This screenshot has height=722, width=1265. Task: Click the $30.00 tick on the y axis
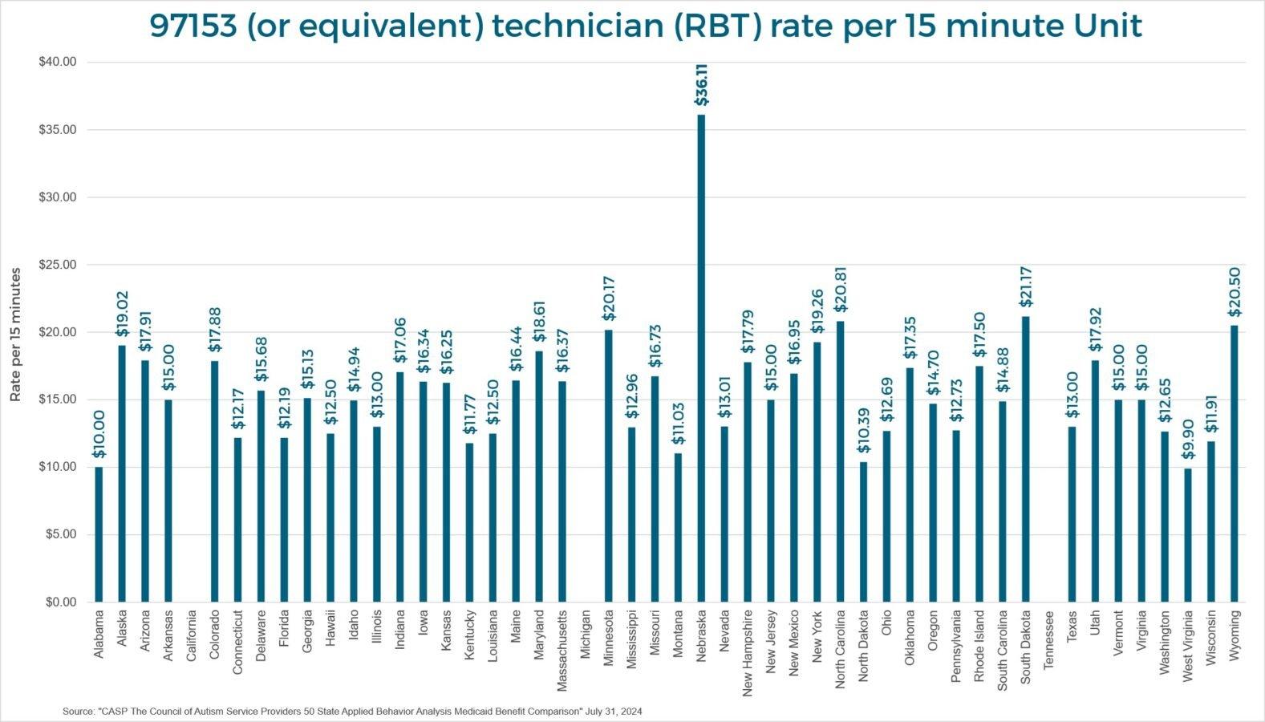pyautogui.click(x=57, y=197)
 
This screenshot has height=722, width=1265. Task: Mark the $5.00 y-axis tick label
pyautogui.click(x=59, y=534)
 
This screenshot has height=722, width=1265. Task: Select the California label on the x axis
pyautogui.click(x=192, y=635)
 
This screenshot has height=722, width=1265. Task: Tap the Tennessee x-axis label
pyautogui.click(x=1048, y=639)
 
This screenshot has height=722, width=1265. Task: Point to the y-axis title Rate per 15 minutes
pyautogui.click(x=16, y=335)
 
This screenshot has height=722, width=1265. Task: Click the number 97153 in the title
pyautogui.click(x=193, y=27)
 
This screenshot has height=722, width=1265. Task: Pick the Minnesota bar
pyautogui.click(x=608, y=465)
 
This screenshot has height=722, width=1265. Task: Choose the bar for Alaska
pyautogui.click(x=122, y=473)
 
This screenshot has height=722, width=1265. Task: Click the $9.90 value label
pyautogui.click(x=1188, y=440)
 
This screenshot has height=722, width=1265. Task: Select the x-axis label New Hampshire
pyautogui.click(x=748, y=652)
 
